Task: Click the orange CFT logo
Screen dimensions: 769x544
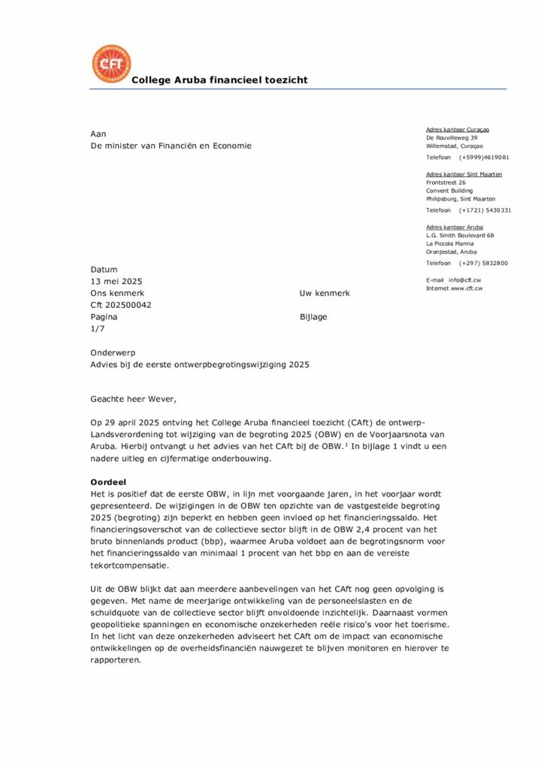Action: click(110, 65)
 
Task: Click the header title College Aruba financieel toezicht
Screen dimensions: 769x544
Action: click(219, 80)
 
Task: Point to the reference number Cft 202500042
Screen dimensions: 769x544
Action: click(120, 305)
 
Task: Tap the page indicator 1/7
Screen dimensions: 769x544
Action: click(98, 329)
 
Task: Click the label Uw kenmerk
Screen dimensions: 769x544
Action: click(324, 293)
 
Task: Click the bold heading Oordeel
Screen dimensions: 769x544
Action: click(108, 481)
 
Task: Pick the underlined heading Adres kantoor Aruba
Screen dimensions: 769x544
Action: click(454, 227)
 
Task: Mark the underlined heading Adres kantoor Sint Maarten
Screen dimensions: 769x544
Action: click(464, 174)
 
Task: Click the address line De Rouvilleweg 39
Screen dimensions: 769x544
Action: click(452, 138)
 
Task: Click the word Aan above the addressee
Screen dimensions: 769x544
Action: click(98, 133)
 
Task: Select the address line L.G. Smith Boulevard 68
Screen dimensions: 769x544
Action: click(459, 236)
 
